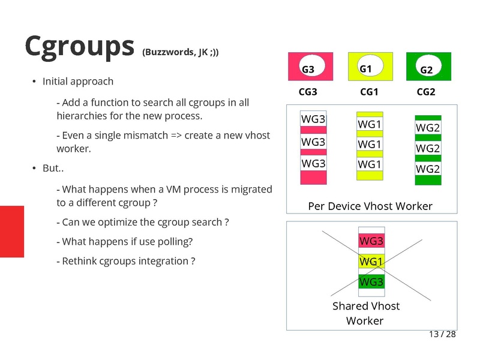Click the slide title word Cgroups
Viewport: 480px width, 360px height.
pos(79,47)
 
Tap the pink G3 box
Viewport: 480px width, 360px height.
pos(310,67)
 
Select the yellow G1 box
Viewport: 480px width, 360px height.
pos(370,67)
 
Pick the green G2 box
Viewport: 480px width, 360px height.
pos(428,67)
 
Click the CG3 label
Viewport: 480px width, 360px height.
pos(308,92)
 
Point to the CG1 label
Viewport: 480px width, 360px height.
pos(369,92)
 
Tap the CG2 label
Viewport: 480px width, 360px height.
pos(426,92)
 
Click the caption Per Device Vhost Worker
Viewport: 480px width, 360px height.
pos(370,206)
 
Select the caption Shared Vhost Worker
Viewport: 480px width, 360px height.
pos(365,313)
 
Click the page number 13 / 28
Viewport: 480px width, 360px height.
pos(442,334)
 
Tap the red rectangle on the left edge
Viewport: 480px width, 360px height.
pos(11,231)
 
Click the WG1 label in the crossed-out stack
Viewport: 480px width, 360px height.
pos(371,262)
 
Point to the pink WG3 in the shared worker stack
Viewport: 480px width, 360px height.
pos(371,241)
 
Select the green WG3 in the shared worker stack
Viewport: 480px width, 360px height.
pos(371,281)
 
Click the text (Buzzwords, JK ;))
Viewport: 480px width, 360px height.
pos(180,52)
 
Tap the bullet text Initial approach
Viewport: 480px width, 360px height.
pos(78,81)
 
